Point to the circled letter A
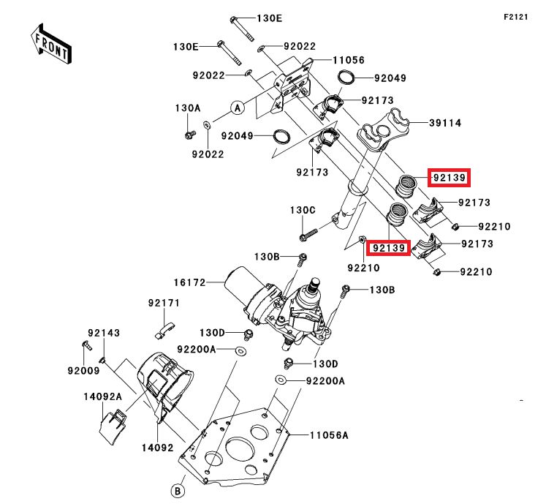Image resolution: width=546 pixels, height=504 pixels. coord(237,108)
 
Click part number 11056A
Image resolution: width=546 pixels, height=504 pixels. coord(328,435)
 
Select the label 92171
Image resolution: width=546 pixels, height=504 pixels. coord(164,302)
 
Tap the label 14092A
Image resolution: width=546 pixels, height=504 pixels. coord(102,396)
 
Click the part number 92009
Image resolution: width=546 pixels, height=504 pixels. coord(84,370)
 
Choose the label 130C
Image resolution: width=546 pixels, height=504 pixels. coord(302,210)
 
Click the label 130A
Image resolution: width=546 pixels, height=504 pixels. coord(187,108)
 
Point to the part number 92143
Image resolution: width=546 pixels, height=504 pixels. coord(104,332)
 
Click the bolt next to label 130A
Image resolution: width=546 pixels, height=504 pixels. coord(188,135)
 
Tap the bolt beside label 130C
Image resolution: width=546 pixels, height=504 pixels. coord(307,236)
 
